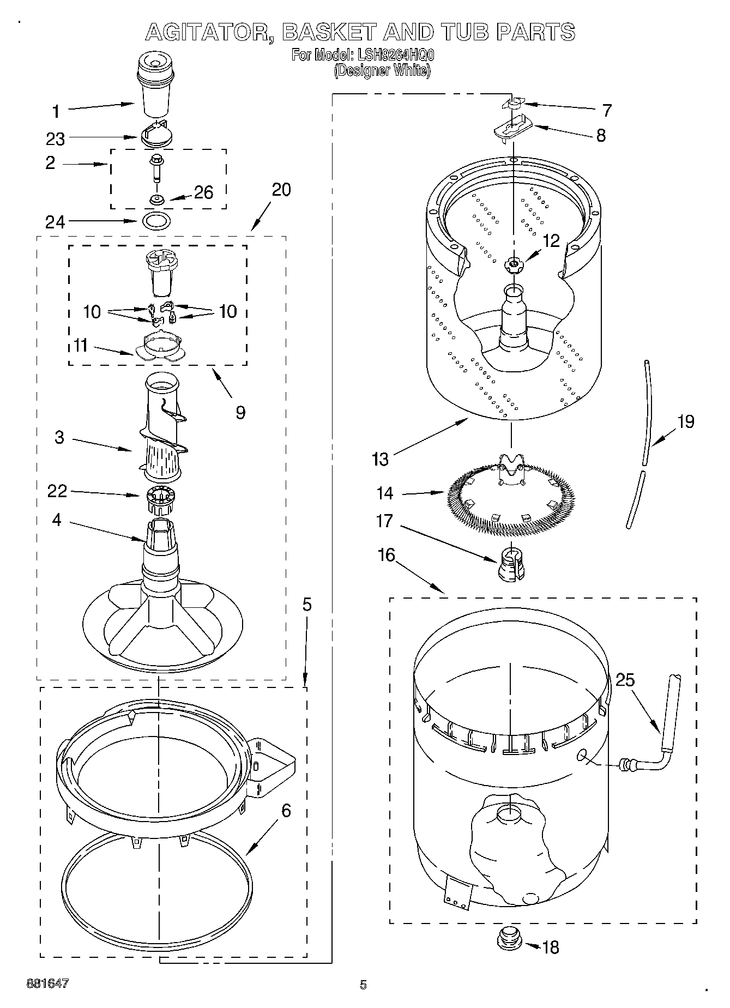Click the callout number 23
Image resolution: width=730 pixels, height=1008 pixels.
coord(56,140)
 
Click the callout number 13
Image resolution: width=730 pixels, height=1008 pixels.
coord(380,459)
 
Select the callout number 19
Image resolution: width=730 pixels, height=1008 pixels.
coord(685,421)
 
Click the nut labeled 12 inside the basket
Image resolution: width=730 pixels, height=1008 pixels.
coord(512,264)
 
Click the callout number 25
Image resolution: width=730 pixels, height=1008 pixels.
coord(625,680)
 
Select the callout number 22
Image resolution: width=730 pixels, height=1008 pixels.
coord(57,491)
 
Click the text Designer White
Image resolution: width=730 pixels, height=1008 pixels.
coord(382,70)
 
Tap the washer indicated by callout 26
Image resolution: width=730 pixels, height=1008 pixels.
coord(157,199)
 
